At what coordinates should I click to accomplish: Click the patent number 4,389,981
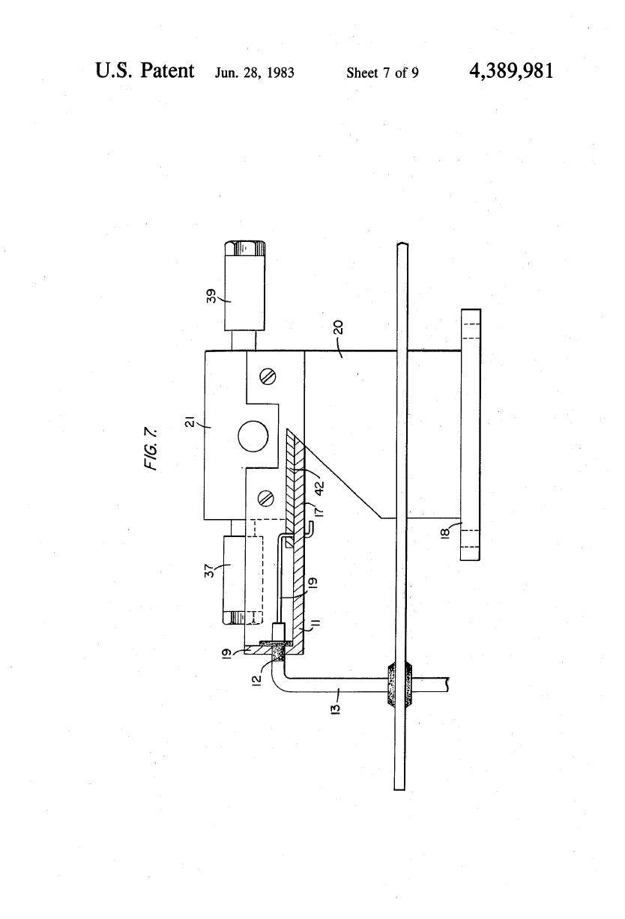tap(511, 71)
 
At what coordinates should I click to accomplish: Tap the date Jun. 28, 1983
tap(255, 73)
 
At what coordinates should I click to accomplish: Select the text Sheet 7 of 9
tap(382, 73)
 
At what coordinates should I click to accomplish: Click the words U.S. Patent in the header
tap(145, 70)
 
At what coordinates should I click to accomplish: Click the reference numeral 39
tap(211, 296)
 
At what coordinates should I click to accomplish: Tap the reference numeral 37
tap(209, 571)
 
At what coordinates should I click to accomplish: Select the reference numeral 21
tap(190, 422)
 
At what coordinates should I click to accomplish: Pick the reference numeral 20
tap(339, 327)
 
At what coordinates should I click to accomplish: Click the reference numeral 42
tap(319, 487)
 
